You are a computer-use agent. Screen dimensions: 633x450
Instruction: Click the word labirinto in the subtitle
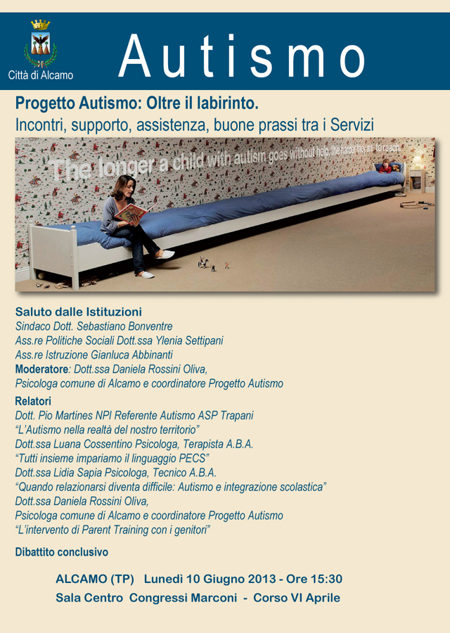226,103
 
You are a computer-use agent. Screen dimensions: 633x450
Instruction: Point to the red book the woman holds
131,212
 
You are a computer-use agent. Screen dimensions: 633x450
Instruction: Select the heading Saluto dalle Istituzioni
79,312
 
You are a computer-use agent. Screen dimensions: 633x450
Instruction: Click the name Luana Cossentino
96,444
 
